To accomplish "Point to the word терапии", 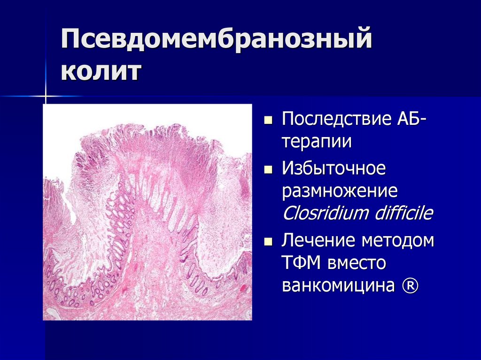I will [317, 141].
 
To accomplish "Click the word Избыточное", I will [334, 168].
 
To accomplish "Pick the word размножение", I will [340, 191].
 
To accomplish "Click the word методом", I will [398, 241].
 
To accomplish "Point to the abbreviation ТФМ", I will [303, 263].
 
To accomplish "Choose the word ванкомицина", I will [338, 286].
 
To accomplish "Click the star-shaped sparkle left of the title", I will [46, 96].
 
